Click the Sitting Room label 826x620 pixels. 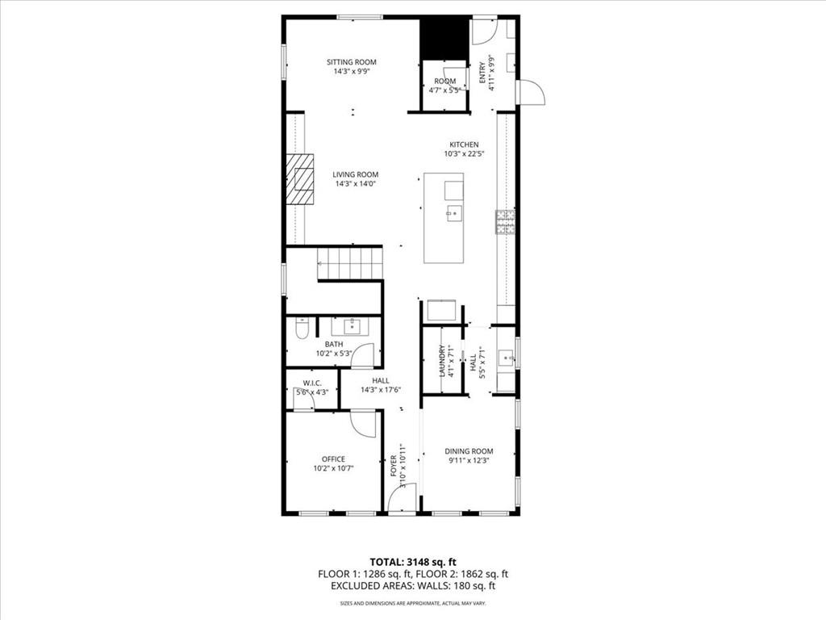351,62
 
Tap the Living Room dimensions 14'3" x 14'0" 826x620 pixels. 355,184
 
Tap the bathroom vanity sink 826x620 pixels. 352,326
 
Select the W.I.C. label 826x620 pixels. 313,383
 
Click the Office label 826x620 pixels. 333,459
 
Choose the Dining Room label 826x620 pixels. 469,451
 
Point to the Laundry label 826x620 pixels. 442,362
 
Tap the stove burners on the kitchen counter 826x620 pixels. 506,222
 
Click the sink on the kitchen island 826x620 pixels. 454,214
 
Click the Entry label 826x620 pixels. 483,69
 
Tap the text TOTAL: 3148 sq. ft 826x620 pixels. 413,562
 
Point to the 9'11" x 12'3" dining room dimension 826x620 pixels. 469,460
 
